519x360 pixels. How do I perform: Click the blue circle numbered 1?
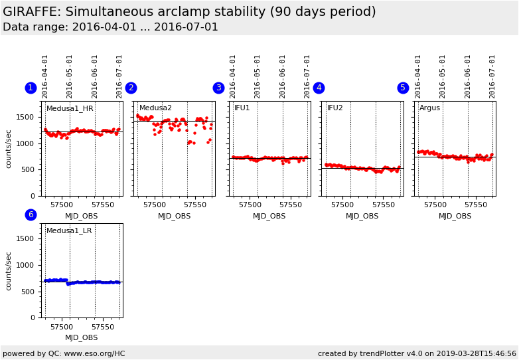pos(31,88)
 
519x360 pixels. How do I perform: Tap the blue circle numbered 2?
pos(131,88)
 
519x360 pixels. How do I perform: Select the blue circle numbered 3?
pos(218,88)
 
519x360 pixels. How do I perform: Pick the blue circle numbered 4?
pos(319,88)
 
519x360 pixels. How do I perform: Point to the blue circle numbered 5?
pos(403,88)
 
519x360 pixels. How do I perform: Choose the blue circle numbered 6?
pos(31,215)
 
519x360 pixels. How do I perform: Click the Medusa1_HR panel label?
pos(70,108)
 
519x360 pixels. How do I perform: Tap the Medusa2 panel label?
pos(155,108)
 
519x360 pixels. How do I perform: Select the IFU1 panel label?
pos(242,108)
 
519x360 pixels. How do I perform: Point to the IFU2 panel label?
pos(335,108)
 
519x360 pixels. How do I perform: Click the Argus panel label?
pos(429,108)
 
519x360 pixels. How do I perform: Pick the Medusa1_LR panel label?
pos(69,231)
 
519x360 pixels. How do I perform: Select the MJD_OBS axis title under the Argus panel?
pos(455,216)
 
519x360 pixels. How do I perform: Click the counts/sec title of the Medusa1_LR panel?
pos(9,270)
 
